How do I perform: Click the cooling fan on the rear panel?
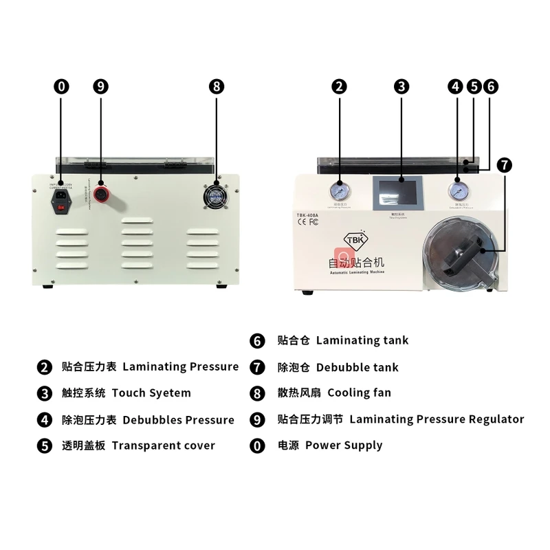217,195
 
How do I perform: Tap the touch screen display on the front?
398,192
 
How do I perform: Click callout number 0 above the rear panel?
61,87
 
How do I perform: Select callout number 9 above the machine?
101,87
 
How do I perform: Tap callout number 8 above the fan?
217,87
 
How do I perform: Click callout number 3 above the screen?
401,87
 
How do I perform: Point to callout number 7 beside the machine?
505,165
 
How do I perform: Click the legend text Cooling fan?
359,393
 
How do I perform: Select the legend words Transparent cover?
163,445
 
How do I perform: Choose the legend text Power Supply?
343,445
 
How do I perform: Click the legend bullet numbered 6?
258,341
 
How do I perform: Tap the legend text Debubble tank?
357,367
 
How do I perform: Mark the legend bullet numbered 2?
45,367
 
